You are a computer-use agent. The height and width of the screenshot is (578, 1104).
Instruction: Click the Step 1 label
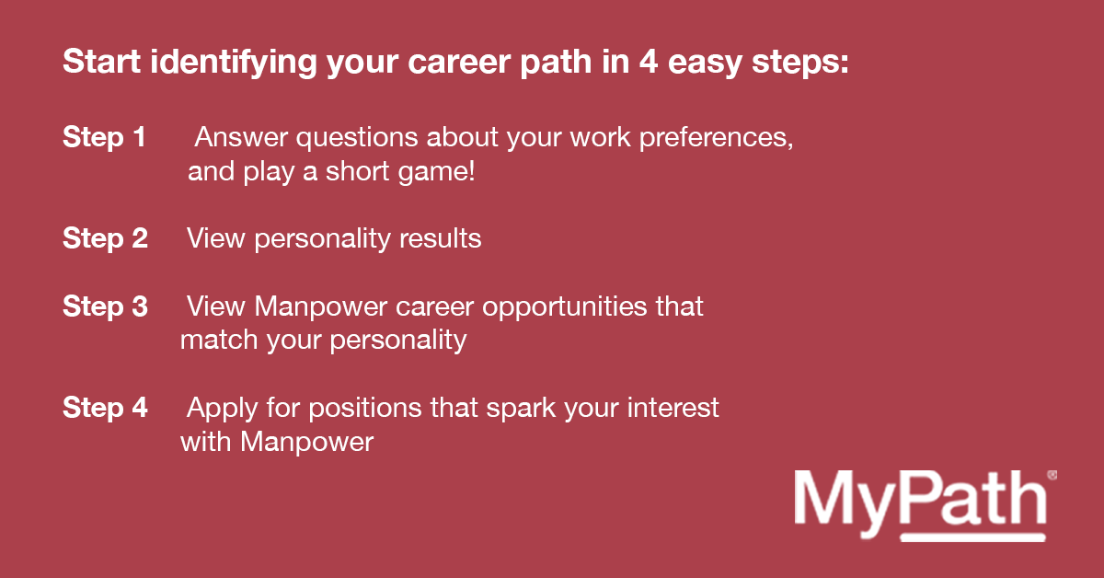click(104, 137)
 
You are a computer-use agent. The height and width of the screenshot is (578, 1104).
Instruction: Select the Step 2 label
click(105, 238)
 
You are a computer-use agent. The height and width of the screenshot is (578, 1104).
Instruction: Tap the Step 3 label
click(105, 306)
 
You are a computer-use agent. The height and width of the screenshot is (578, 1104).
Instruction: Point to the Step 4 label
click(105, 408)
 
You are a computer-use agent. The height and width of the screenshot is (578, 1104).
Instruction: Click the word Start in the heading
click(102, 62)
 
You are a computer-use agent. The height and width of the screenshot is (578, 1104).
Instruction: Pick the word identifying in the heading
click(234, 63)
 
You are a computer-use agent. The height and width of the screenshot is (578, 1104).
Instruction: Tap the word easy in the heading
click(705, 64)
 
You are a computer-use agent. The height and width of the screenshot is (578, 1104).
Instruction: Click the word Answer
click(241, 137)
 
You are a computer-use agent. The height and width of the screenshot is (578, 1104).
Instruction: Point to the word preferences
click(716, 137)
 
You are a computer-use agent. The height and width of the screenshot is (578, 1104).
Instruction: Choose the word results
click(440, 238)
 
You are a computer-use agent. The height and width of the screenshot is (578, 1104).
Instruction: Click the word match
click(219, 341)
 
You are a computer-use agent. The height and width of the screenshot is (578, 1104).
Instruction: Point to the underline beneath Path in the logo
click(973, 538)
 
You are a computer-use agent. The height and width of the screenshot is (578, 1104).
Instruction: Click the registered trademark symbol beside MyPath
click(1052, 475)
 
